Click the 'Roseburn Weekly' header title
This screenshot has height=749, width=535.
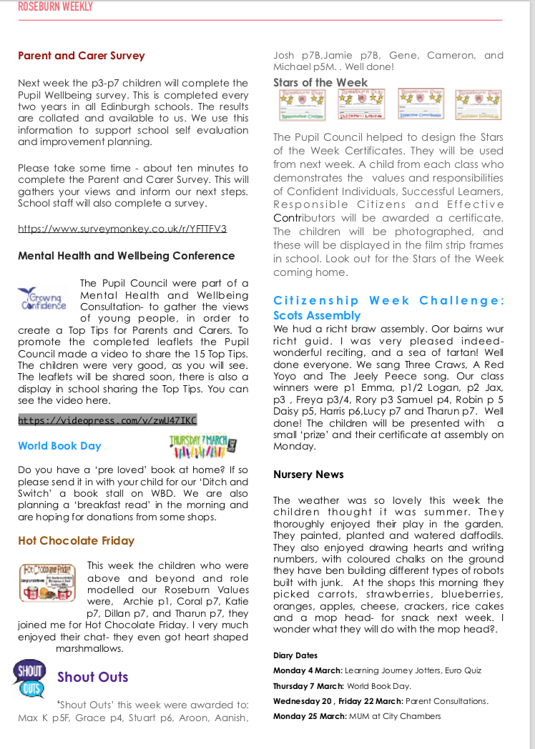[55, 7]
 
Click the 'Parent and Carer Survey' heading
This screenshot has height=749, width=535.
[81, 56]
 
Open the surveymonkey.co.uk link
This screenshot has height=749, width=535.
[122, 229]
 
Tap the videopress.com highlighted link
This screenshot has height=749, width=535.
[107, 420]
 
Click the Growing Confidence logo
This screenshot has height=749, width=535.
[42, 298]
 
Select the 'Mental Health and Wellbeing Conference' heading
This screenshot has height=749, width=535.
[126, 256]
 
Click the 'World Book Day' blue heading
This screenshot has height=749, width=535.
[59, 446]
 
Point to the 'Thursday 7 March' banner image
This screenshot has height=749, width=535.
[202, 445]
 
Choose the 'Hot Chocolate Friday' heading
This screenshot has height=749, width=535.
[76, 541]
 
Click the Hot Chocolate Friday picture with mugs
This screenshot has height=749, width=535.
[49, 582]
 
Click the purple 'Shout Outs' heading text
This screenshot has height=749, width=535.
[93, 677]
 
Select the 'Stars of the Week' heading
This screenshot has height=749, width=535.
[320, 83]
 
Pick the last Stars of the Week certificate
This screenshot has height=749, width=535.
[478, 104]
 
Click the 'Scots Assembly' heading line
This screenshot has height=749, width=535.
[317, 315]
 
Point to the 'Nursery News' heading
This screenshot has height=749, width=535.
[308, 475]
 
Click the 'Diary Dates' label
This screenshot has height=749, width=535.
[295, 655]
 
